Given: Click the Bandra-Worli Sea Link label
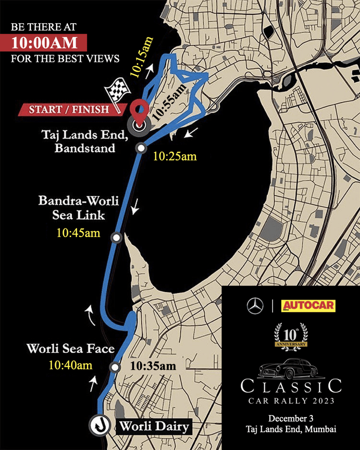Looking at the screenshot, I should click(79, 208).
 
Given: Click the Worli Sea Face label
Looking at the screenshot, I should click(70, 349).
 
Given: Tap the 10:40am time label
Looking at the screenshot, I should click(70, 366).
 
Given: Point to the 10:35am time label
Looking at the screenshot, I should click(153, 366).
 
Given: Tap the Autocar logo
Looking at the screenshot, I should click(308, 306).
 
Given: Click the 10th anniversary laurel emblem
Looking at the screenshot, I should click(292, 335).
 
